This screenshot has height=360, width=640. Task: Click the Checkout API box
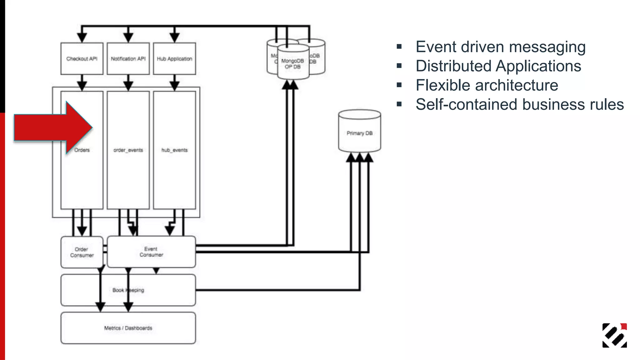tap(82, 59)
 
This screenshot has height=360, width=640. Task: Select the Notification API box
tap(128, 59)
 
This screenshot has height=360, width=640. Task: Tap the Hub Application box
tap(174, 59)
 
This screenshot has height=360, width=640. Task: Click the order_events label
tap(128, 150)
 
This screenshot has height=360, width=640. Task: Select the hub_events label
tap(174, 150)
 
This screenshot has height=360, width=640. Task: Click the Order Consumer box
tap(82, 252)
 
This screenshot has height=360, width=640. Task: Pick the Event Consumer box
tap(151, 252)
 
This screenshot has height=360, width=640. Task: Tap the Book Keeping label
tap(128, 290)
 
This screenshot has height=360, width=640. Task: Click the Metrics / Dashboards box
tap(128, 328)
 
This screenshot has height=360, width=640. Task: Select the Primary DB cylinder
tap(359, 133)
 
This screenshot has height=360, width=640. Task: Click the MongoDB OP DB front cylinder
tap(293, 64)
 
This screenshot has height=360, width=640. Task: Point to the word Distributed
tap(453, 66)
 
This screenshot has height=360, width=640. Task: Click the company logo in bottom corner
tap(614, 335)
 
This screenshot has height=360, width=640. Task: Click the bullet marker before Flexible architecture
tap(399, 85)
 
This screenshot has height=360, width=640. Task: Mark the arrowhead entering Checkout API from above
tap(82, 37)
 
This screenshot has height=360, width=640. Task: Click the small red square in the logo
tap(624, 326)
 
